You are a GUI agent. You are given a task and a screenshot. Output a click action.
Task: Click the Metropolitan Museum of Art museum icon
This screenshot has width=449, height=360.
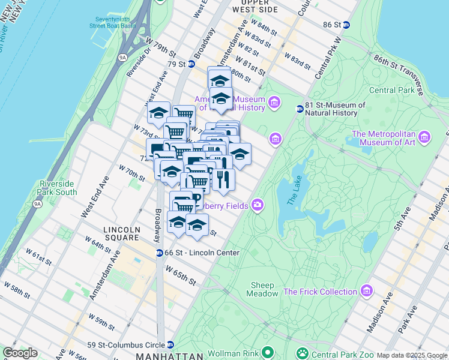tap(425, 137)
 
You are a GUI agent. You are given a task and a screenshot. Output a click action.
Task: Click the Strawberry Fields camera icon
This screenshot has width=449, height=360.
tap(258, 206)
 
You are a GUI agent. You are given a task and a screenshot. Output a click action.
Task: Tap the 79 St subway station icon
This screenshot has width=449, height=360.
tap(191, 64)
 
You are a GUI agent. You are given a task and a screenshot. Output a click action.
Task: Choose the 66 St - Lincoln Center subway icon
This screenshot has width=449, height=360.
tap(160, 253)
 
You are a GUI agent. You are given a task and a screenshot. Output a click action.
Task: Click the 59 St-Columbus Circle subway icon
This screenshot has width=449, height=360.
tap(171, 344)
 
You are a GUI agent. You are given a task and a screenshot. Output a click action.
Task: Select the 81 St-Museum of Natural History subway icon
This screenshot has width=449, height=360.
tap(300, 109)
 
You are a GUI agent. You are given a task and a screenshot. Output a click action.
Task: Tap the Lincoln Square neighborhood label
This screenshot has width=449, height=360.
tap(121, 233)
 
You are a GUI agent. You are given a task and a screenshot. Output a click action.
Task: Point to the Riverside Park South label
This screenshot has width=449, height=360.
tap(58, 188)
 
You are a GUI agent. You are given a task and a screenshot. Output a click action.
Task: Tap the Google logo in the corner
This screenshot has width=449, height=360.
tap(19, 353)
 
